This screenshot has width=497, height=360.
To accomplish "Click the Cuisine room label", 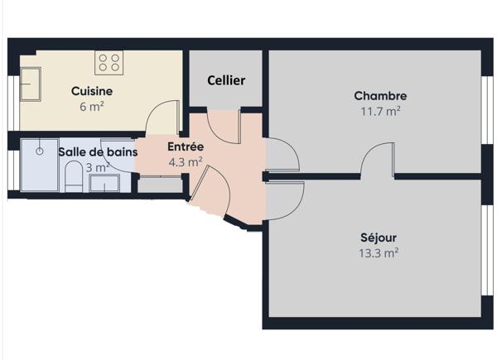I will click(x=91, y=91).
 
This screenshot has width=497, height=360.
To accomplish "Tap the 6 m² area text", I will click(x=92, y=106).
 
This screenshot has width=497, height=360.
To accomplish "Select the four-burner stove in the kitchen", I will click(x=109, y=62).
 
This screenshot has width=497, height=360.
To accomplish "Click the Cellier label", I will click(x=226, y=80).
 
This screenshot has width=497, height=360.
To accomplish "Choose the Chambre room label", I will click(x=380, y=96).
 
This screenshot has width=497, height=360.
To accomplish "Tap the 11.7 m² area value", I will click(x=380, y=110).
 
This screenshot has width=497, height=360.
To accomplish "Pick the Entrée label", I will click(x=186, y=147).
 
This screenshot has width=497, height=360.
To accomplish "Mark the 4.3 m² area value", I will click(x=186, y=162).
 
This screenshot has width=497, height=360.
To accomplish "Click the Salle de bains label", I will click(x=98, y=151).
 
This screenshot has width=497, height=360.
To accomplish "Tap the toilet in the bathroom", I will click(x=74, y=176).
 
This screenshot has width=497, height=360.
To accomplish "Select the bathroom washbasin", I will click(x=104, y=183).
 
